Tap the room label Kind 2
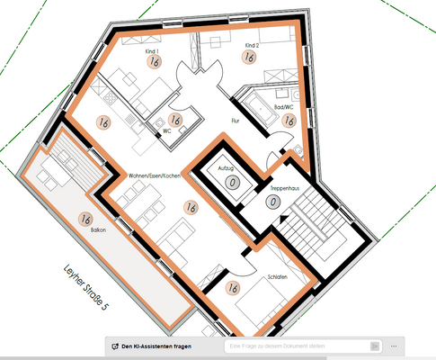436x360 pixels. (x=252, y=44)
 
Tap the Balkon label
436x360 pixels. (x=85, y=230)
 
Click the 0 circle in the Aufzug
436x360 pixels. (x=233, y=183)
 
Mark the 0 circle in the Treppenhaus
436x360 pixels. (x=272, y=202)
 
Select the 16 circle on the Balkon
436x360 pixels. (x=86, y=219)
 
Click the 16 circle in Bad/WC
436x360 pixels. (x=289, y=120)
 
